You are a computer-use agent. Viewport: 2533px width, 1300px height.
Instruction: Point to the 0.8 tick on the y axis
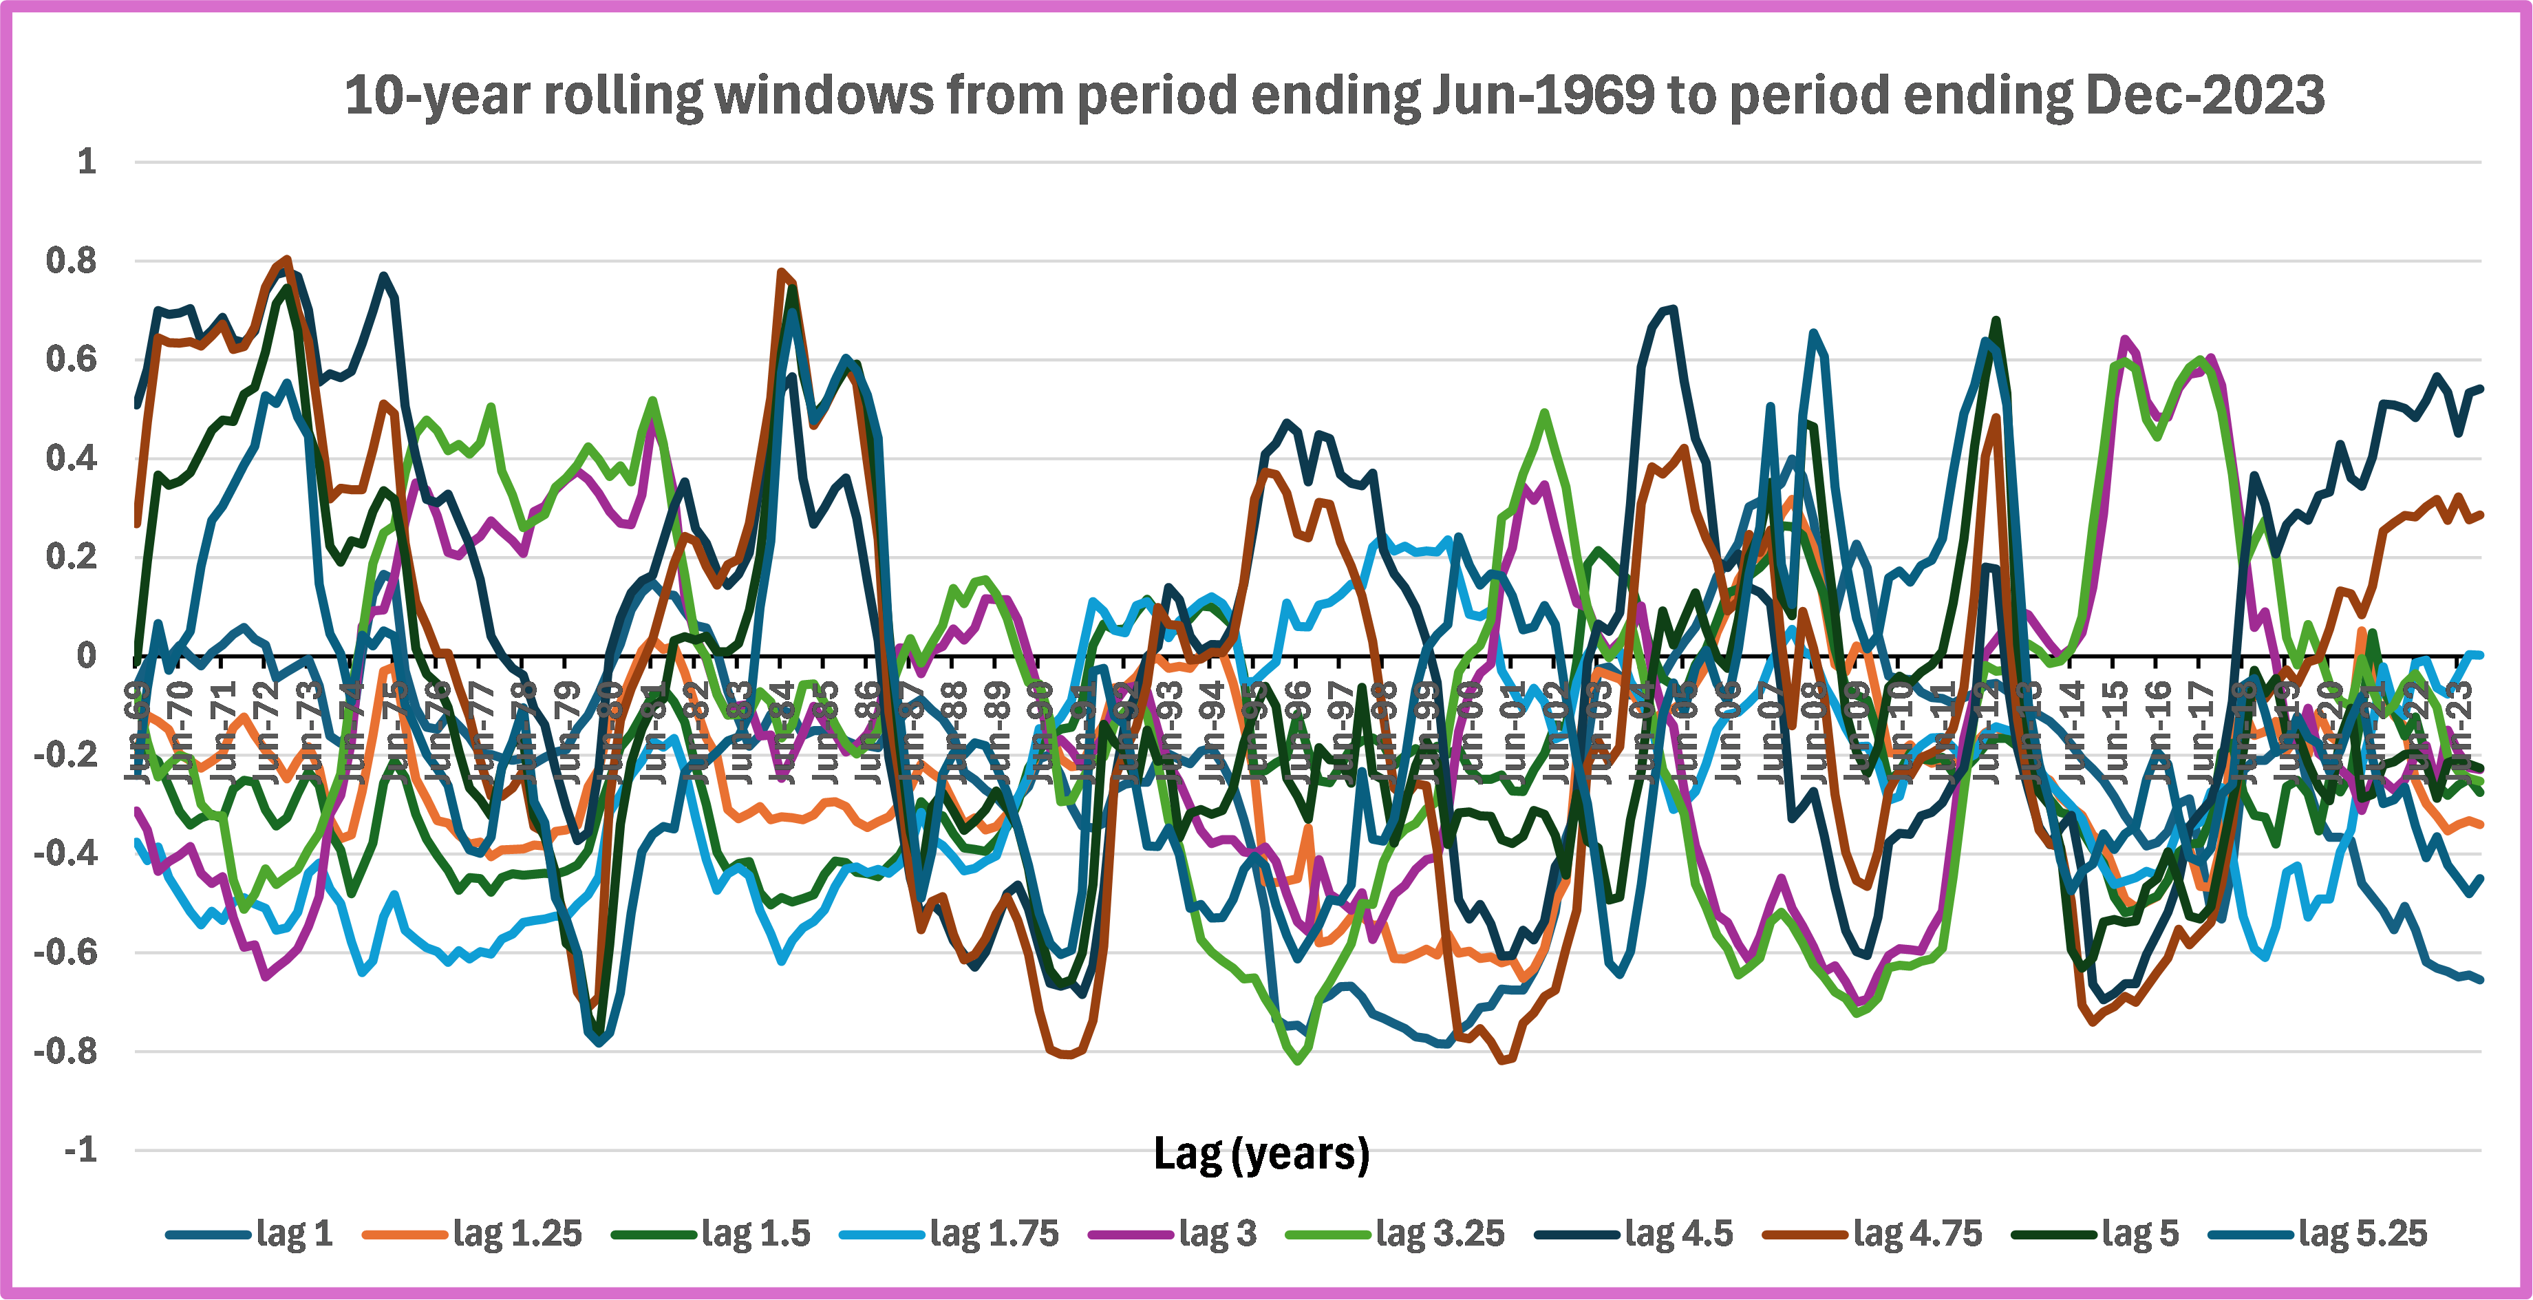coord(72,261)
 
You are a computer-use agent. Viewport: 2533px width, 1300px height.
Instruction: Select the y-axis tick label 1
coord(87,161)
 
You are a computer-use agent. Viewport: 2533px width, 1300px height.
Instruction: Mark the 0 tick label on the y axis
coord(87,656)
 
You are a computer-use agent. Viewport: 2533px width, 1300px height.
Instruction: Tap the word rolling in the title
coord(623,96)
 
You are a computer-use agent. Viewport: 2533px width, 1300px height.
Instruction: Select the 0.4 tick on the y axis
coord(72,458)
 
